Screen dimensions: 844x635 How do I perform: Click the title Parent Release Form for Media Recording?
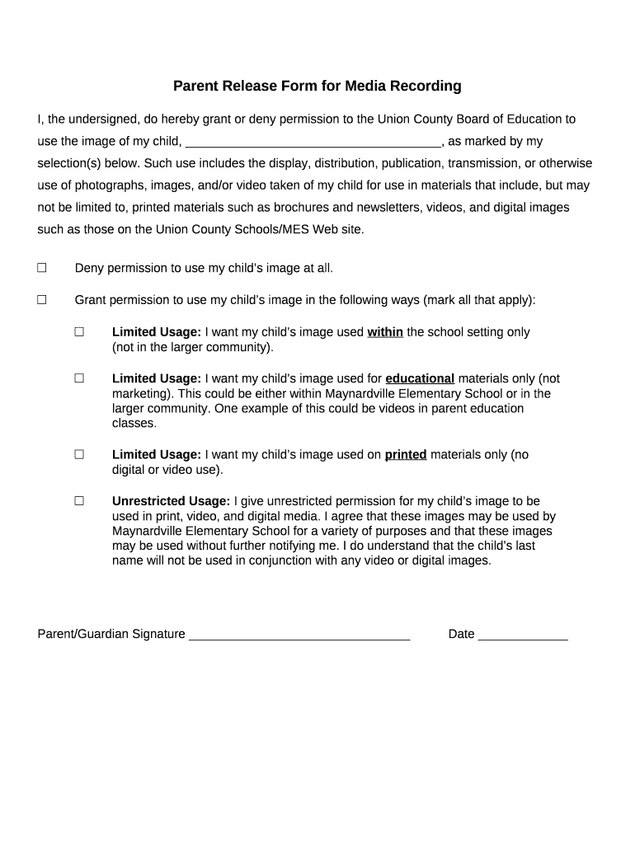point(317,86)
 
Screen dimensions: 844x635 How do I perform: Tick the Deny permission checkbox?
point(41,268)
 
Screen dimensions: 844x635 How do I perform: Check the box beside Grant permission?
point(41,300)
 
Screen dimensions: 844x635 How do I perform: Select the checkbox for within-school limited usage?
point(79,332)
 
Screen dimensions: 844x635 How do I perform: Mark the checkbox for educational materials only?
point(79,378)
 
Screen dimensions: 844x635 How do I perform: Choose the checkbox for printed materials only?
point(79,454)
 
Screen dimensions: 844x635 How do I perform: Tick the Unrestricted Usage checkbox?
point(79,500)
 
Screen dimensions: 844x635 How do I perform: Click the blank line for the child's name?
point(313,142)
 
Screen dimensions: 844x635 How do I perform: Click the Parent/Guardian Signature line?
point(299,635)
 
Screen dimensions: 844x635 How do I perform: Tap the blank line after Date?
point(523,635)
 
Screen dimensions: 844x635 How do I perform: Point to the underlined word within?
point(385,332)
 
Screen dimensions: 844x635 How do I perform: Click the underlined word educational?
point(420,378)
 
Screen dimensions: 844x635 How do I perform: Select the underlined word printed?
point(406,454)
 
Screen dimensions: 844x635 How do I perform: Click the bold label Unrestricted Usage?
point(171,501)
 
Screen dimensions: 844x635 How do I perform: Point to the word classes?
point(134,423)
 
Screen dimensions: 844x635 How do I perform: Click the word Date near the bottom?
point(461,634)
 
